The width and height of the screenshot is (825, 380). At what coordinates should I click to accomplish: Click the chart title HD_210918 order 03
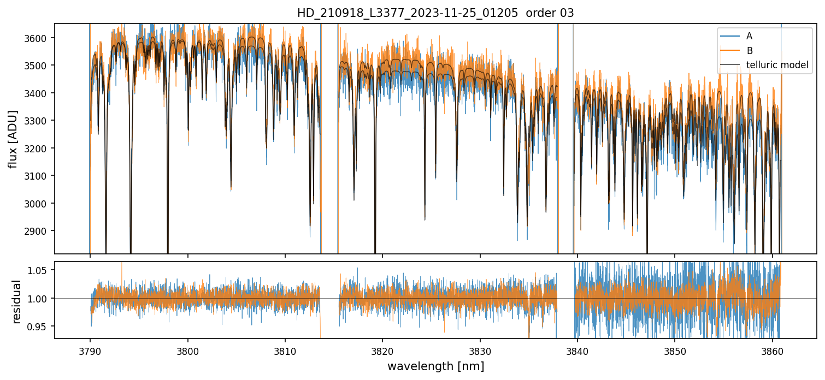click(435, 13)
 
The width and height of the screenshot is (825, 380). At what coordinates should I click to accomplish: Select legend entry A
click(749, 36)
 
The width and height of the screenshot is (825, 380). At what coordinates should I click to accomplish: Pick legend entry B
click(749, 51)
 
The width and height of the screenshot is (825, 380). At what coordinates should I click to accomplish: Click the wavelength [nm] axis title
click(435, 366)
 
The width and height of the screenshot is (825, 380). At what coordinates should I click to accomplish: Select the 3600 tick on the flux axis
click(39, 38)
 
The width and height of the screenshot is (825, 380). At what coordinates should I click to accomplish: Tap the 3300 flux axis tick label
click(39, 121)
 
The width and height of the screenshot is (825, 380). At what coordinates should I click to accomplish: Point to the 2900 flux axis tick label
click(39, 231)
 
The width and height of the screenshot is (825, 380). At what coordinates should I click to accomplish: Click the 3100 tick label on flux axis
click(39, 176)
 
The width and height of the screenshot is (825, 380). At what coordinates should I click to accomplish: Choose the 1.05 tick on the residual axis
click(41, 270)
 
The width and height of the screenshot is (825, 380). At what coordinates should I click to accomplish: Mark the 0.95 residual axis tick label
click(41, 326)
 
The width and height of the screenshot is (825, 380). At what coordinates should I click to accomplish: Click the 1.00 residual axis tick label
click(41, 299)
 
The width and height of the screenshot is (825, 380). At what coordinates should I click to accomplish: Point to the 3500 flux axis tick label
click(39, 66)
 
